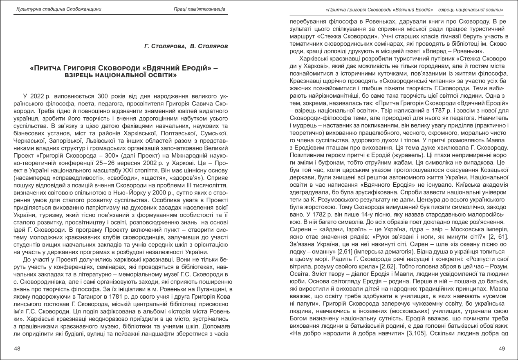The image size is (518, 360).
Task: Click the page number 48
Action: coord(17,349)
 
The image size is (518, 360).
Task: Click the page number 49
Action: coord(502,349)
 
